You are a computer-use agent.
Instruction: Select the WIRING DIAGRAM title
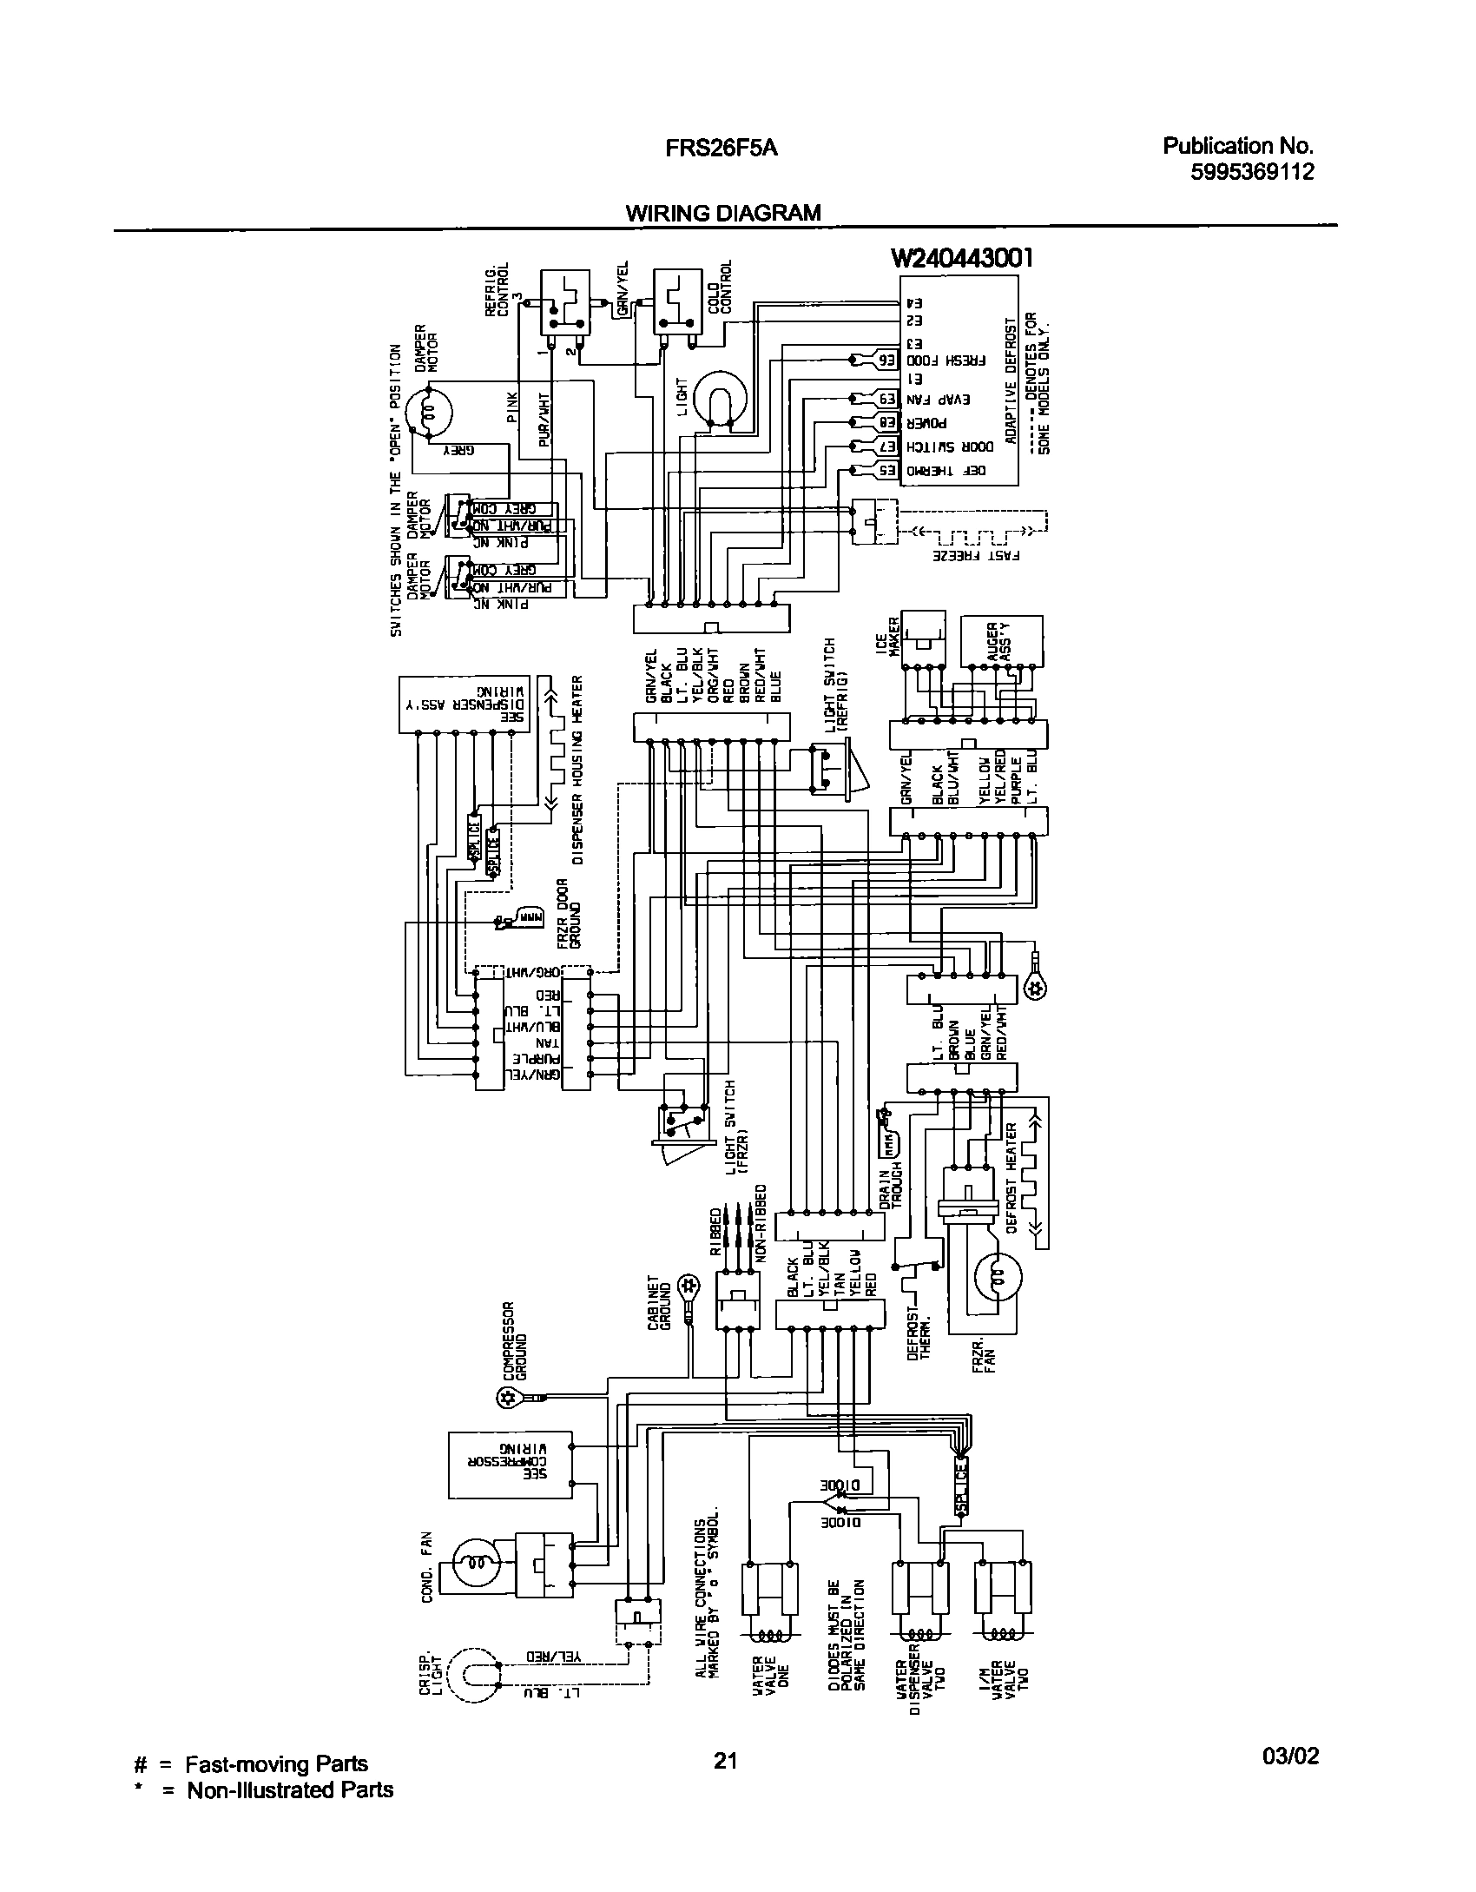[722, 213]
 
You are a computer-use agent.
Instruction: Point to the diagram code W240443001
[962, 258]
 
